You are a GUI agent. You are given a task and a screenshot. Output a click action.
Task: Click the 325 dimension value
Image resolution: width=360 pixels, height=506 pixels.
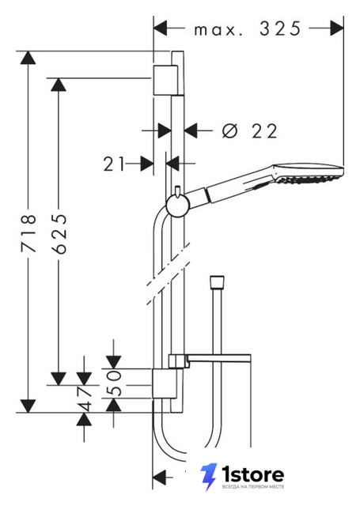point(280,28)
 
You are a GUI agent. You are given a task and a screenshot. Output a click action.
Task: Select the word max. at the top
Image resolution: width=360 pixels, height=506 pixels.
point(218,30)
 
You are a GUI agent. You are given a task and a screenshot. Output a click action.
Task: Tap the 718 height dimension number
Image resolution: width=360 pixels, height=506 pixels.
point(28,232)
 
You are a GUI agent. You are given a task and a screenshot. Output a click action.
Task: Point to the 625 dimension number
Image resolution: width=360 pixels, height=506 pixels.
point(59,233)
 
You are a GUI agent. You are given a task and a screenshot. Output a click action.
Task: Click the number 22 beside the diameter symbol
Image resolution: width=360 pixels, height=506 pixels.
point(264,131)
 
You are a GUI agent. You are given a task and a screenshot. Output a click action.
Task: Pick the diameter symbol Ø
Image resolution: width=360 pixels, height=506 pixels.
point(230,131)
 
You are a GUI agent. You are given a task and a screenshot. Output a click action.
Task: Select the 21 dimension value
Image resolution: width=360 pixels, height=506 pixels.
point(114,164)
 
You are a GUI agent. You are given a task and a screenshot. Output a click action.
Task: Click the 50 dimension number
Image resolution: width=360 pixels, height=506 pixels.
point(114,383)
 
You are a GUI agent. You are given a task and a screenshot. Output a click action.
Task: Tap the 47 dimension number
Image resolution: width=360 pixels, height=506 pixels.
point(84,398)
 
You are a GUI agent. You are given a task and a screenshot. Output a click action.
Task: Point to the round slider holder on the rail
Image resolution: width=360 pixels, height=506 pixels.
point(177,206)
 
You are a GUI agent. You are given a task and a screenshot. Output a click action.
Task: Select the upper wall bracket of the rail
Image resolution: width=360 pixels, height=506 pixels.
point(165,80)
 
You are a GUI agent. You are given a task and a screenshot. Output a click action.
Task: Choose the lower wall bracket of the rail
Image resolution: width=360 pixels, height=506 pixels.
point(165,383)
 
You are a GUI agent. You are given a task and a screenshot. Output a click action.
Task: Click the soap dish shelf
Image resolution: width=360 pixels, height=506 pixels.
point(210,361)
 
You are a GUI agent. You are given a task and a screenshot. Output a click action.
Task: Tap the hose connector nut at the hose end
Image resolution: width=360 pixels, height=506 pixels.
point(217,281)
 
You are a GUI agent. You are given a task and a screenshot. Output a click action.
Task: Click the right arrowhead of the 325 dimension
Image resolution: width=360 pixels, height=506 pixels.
point(337,28)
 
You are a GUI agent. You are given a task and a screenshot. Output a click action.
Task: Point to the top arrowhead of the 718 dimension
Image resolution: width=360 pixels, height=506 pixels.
point(28,58)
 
